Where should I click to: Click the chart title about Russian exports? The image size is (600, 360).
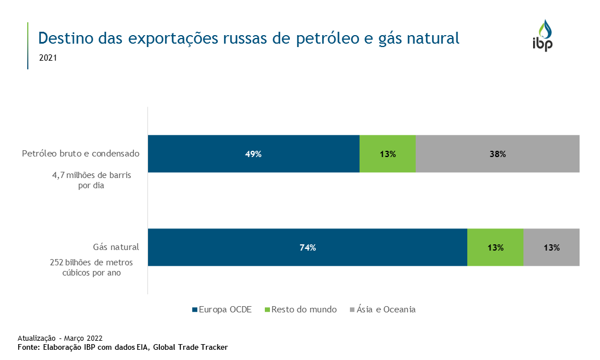pos(248,38)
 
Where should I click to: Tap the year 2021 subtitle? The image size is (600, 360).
pos(48,57)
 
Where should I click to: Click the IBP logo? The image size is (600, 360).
pos(542,35)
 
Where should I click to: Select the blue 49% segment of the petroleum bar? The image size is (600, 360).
pos(253,154)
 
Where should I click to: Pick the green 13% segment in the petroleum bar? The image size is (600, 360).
pos(388,154)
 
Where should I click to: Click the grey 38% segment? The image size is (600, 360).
pos(497,154)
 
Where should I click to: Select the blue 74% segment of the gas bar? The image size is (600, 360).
pos(307,247)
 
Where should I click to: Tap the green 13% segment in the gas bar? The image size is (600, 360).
pos(495,247)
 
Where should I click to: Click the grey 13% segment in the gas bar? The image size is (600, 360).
pos(551,247)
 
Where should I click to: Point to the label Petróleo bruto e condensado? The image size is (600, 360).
pos(81,154)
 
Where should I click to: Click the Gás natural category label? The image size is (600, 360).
pos(116,247)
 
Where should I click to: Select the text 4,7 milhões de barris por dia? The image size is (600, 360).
pos(91,180)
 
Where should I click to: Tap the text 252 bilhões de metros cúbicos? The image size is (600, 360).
pos(91,267)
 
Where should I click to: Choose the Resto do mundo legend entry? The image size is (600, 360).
pos(304,310)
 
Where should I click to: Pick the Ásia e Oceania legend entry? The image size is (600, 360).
pos(386,310)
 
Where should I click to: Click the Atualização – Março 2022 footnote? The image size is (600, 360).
pos(60,338)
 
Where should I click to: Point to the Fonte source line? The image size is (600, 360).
pos(122,346)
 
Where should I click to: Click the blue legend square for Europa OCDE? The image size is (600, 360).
pos(195,310)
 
